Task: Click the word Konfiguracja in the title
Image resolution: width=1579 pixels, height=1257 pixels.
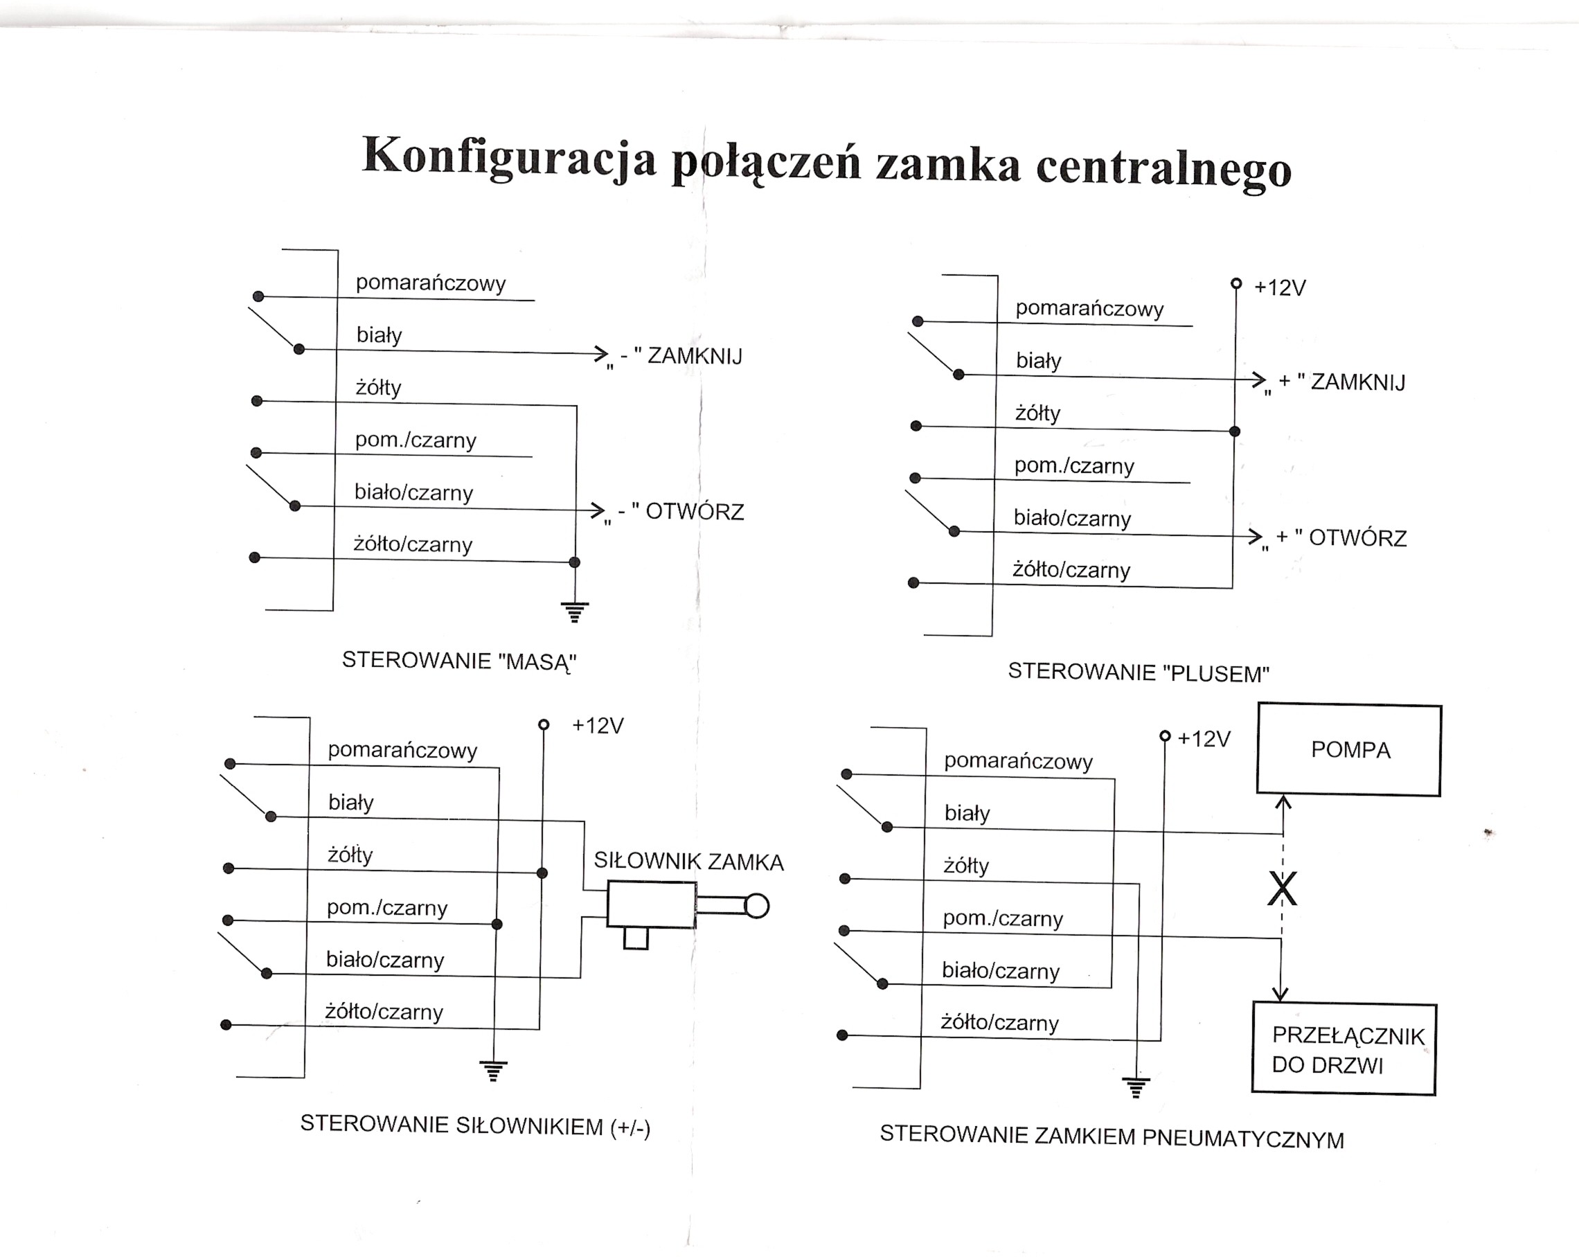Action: pos(508,157)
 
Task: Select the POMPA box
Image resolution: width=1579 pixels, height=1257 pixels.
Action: pos(1349,750)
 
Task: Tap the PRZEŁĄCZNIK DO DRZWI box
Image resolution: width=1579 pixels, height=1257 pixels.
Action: pos(1345,1050)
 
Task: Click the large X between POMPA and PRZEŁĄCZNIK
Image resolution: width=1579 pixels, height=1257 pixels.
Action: pos(1282,889)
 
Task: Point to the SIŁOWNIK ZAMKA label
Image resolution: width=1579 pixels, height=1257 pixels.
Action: pos(688,862)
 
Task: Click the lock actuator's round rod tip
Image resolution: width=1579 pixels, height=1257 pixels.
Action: pos(757,906)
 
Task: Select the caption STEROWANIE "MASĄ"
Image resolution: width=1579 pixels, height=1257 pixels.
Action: pos(459,661)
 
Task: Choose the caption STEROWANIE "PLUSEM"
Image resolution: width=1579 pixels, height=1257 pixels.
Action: pos(1138,672)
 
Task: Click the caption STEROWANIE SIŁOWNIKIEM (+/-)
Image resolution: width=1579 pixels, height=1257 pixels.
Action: pos(475,1125)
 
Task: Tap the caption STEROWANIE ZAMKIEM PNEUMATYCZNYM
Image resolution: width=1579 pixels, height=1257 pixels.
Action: pos(1112,1137)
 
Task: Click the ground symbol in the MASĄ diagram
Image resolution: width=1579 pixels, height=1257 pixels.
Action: pos(575,612)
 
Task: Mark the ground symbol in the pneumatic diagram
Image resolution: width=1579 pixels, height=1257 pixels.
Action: pos(1136,1088)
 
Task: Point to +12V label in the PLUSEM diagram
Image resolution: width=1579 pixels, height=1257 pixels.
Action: pos(1279,288)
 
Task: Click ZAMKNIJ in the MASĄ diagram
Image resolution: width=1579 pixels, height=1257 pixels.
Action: pos(695,357)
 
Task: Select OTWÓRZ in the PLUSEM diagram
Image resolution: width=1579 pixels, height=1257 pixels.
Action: pos(1357,538)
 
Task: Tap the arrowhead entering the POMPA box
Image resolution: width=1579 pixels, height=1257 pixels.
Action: pos(1283,803)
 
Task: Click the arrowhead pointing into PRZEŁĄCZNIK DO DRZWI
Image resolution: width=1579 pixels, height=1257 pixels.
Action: pos(1281,994)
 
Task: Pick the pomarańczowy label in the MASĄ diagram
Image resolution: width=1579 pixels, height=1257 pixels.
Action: pos(431,283)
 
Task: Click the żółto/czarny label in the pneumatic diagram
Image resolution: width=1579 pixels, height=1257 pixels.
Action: pos(1000,1023)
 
